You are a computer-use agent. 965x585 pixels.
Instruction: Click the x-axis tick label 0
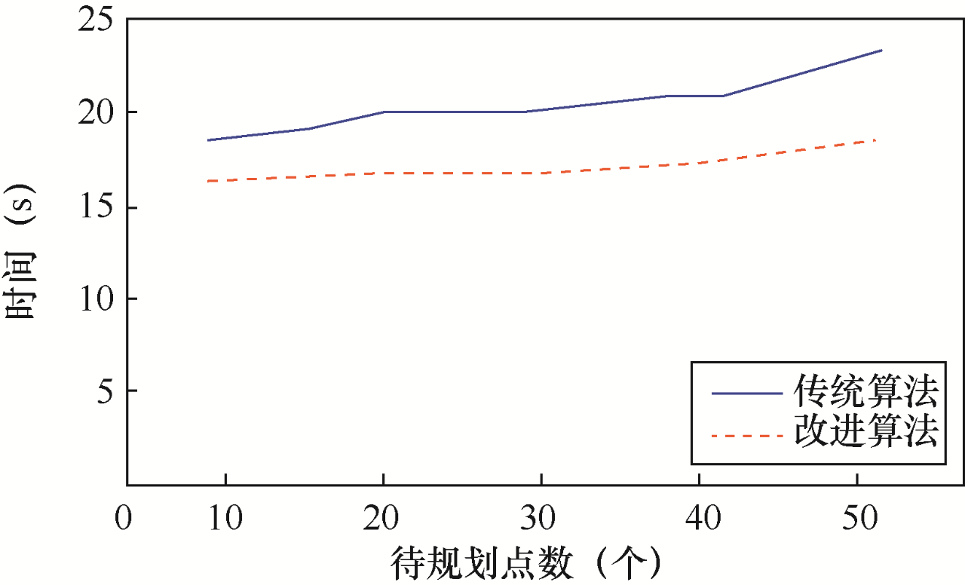124,520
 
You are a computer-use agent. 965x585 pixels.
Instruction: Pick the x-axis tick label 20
384,520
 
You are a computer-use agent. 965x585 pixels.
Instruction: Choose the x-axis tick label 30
541,520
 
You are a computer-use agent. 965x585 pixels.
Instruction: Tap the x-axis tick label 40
700,520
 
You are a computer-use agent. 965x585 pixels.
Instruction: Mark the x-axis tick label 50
857,520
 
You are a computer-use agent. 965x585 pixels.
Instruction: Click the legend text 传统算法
865,392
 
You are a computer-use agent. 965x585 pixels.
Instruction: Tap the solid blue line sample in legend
746,393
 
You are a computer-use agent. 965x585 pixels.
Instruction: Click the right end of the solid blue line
881,51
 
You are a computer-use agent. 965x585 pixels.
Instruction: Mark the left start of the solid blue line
207,140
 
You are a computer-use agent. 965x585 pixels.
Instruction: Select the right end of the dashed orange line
875,139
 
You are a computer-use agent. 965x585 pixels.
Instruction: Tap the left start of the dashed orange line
207,181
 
